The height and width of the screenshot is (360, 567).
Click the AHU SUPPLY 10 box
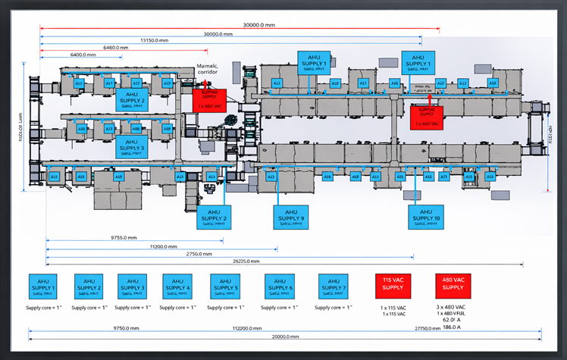[x=425, y=217]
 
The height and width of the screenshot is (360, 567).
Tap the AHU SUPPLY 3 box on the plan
[x=131, y=146]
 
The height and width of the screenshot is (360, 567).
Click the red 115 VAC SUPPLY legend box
[x=391, y=285]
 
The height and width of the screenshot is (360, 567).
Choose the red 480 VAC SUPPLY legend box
[x=453, y=285]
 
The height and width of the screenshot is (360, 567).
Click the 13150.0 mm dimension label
[x=155, y=40]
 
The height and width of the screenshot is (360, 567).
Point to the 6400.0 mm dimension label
[x=83, y=55]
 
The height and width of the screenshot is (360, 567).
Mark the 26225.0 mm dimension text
[x=249, y=261]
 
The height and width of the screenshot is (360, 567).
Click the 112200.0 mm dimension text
[x=248, y=328]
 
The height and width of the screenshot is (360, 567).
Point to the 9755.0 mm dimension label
[x=124, y=237]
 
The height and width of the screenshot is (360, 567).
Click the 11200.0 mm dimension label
[x=162, y=246]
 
